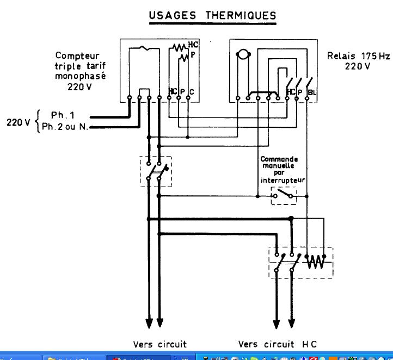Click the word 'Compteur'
coord(80,56)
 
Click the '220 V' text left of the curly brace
coord(17,122)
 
